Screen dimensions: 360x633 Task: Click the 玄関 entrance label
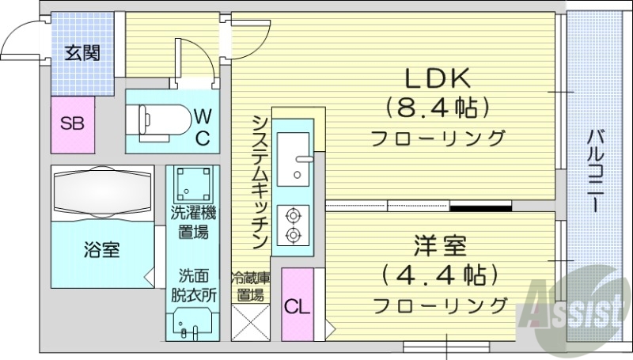pyautogui.click(x=81, y=54)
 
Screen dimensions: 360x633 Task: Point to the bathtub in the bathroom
pyautogui.click(x=100, y=193)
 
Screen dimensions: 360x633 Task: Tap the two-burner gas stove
pyautogui.click(x=293, y=224)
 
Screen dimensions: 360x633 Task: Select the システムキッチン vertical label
pyautogui.click(x=258, y=179)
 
